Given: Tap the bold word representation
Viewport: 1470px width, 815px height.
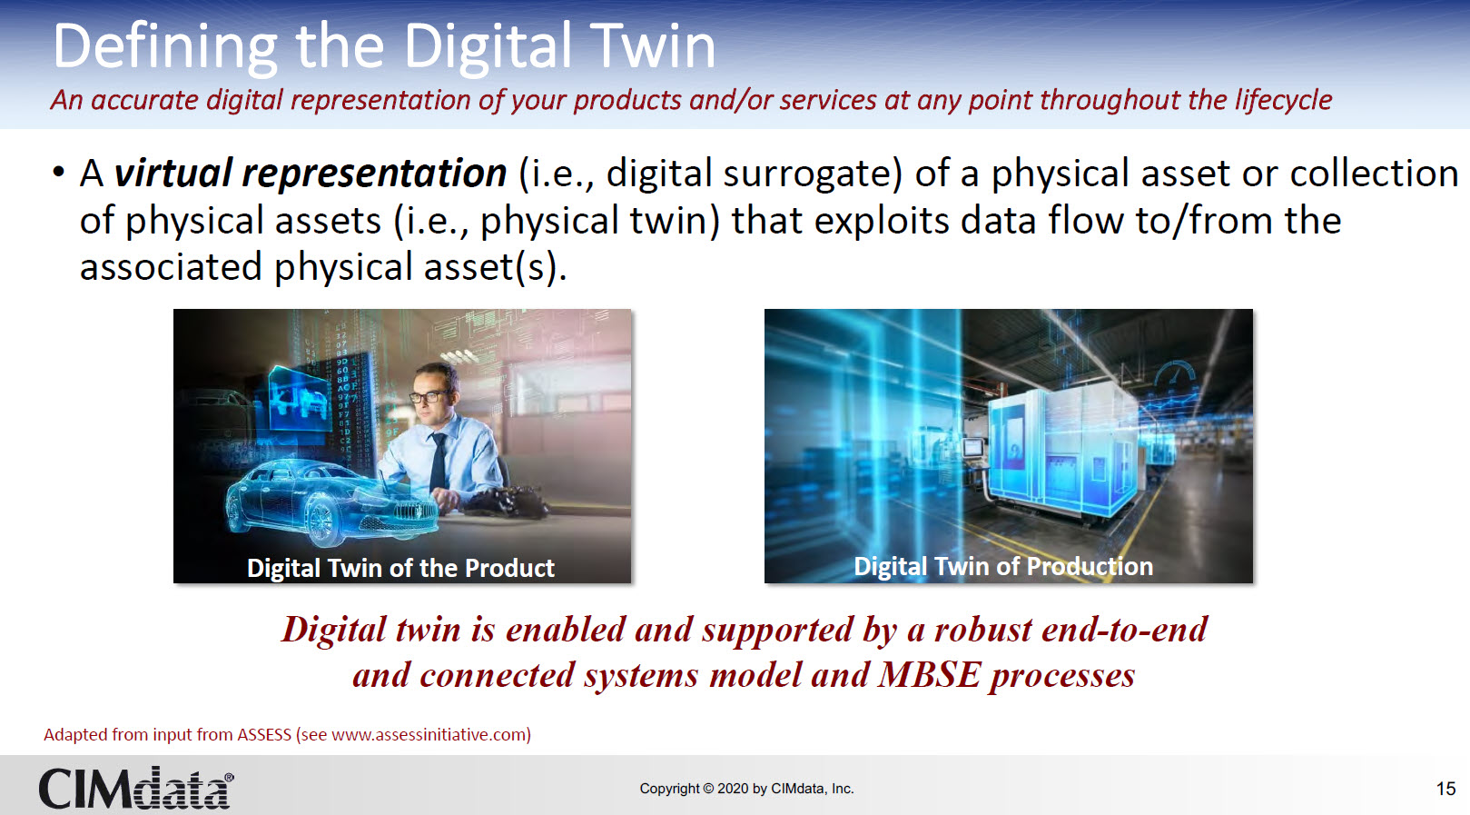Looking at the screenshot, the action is coord(374,174).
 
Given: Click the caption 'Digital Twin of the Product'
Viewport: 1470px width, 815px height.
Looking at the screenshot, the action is coord(400,568).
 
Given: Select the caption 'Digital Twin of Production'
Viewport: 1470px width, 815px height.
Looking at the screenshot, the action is coord(1002,566).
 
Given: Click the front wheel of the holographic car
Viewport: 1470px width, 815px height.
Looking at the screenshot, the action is coord(321,520).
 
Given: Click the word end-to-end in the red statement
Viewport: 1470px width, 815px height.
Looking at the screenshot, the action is coord(1124,630).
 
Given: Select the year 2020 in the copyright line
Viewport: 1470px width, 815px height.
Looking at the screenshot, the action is coord(733,789).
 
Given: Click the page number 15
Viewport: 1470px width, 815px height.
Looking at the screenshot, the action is coord(1445,789).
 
